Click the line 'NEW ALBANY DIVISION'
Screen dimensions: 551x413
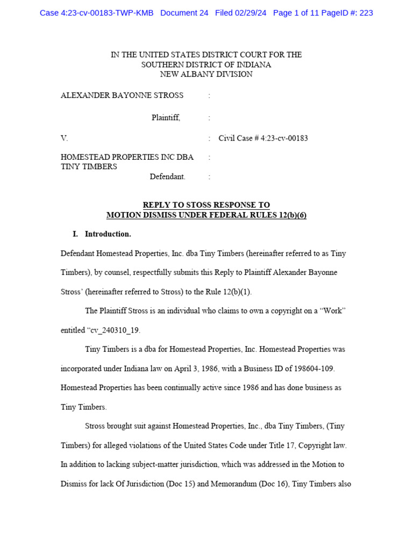click(x=206, y=74)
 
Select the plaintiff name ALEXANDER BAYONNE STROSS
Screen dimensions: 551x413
click(x=122, y=95)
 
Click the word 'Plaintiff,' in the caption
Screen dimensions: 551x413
click(x=166, y=118)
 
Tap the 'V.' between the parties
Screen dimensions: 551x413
click(x=65, y=138)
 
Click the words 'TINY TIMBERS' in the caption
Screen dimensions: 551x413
click(x=89, y=167)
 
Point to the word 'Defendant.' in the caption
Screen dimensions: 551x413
click(x=167, y=176)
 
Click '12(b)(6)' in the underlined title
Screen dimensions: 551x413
click(x=289, y=215)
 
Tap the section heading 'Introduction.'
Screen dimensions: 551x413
click(x=108, y=234)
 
